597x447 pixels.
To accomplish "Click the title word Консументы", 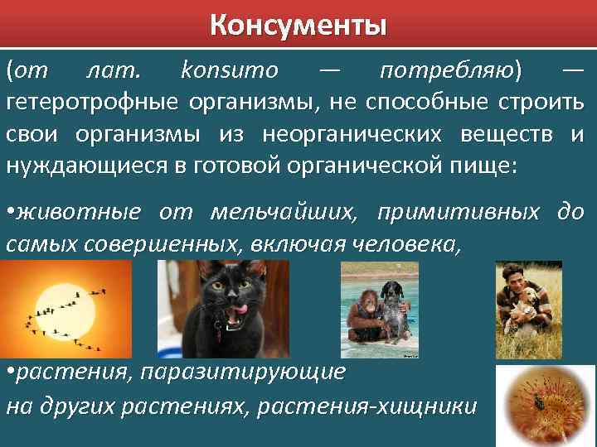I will tap(298, 25).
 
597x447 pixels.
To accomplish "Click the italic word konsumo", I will tap(230, 70).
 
